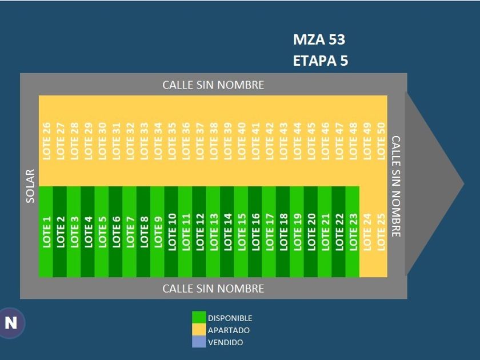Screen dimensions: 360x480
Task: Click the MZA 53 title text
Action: pos(319,39)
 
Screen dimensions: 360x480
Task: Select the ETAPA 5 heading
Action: pos(320,61)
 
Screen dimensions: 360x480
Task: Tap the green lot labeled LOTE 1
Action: pos(46,231)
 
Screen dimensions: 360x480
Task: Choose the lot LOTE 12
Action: pos(199,231)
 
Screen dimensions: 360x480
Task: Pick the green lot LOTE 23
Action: pos(353,231)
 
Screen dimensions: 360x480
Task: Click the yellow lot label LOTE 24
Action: pos(367,231)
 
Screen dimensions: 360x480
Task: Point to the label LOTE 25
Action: pos(381,231)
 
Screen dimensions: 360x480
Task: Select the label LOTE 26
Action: pos(46,141)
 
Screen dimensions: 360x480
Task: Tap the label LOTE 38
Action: pos(213,141)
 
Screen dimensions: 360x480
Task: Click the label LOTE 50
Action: pos(381,141)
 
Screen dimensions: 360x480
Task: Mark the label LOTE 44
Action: pos(297,141)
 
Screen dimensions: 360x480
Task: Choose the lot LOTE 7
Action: pos(130,231)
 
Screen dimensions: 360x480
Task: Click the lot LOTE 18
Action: pos(283,231)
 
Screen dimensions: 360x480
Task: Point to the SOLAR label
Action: pos(30,186)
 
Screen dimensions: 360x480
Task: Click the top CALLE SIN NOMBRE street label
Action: pos(213,85)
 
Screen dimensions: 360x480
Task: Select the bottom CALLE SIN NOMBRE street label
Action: pos(213,289)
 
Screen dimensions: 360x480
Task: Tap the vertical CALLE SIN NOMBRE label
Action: pos(395,186)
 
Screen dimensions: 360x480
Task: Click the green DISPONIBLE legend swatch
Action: pos(199,318)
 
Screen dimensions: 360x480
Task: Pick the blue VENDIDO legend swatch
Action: pos(199,342)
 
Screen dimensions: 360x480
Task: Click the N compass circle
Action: pos(11,323)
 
